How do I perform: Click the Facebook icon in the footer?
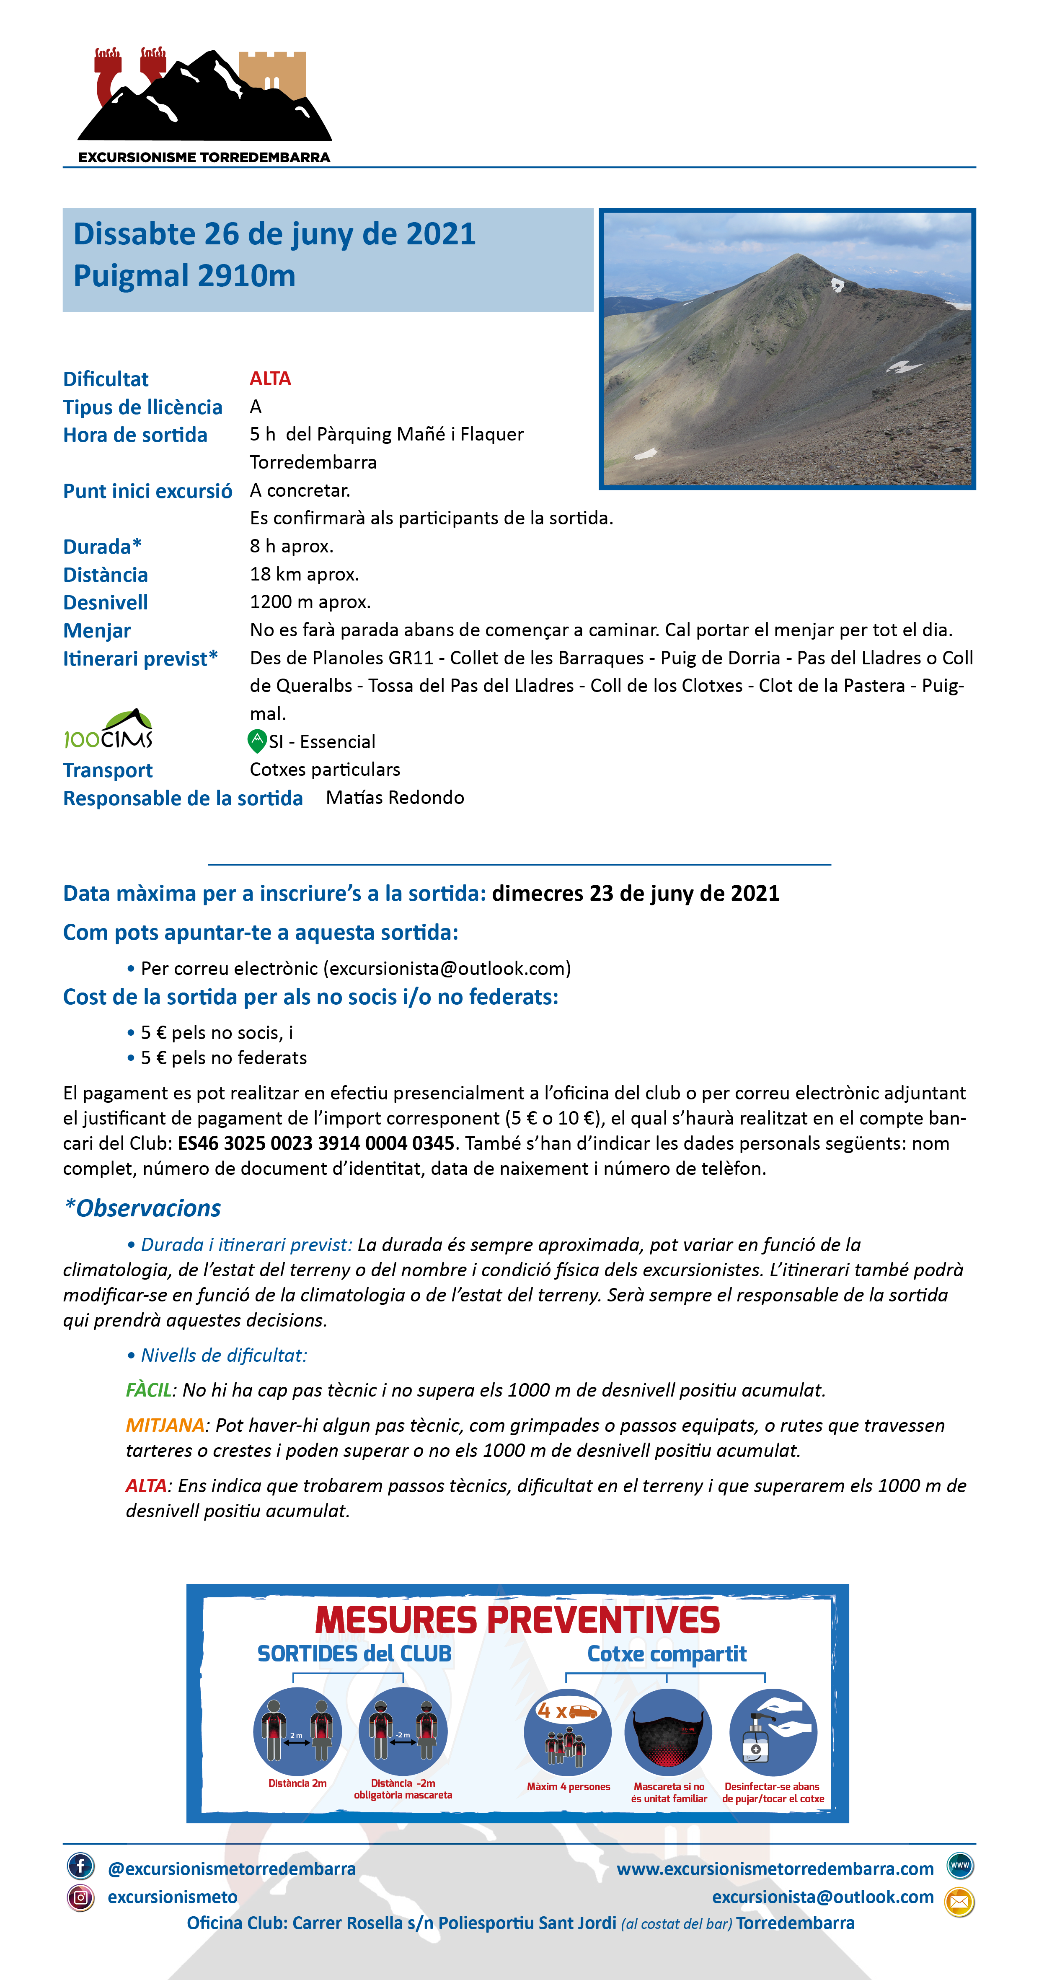click(81, 1866)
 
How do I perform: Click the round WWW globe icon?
click(960, 1866)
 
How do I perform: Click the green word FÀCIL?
click(148, 1390)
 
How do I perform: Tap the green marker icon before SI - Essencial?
click(257, 741)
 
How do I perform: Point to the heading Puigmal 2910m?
click(184, 276)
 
